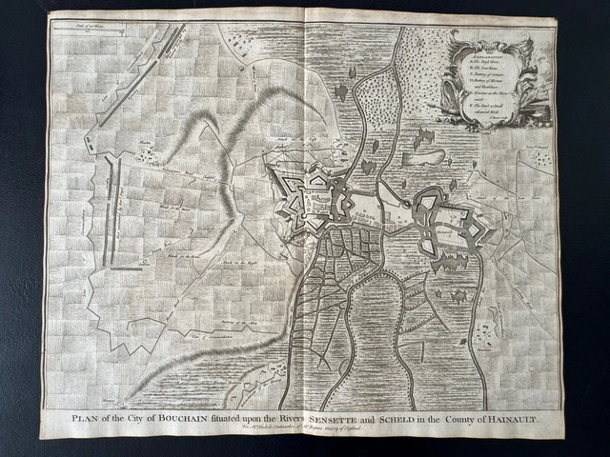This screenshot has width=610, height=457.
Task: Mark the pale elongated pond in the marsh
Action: pyautogui.click(x=426, y=156)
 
